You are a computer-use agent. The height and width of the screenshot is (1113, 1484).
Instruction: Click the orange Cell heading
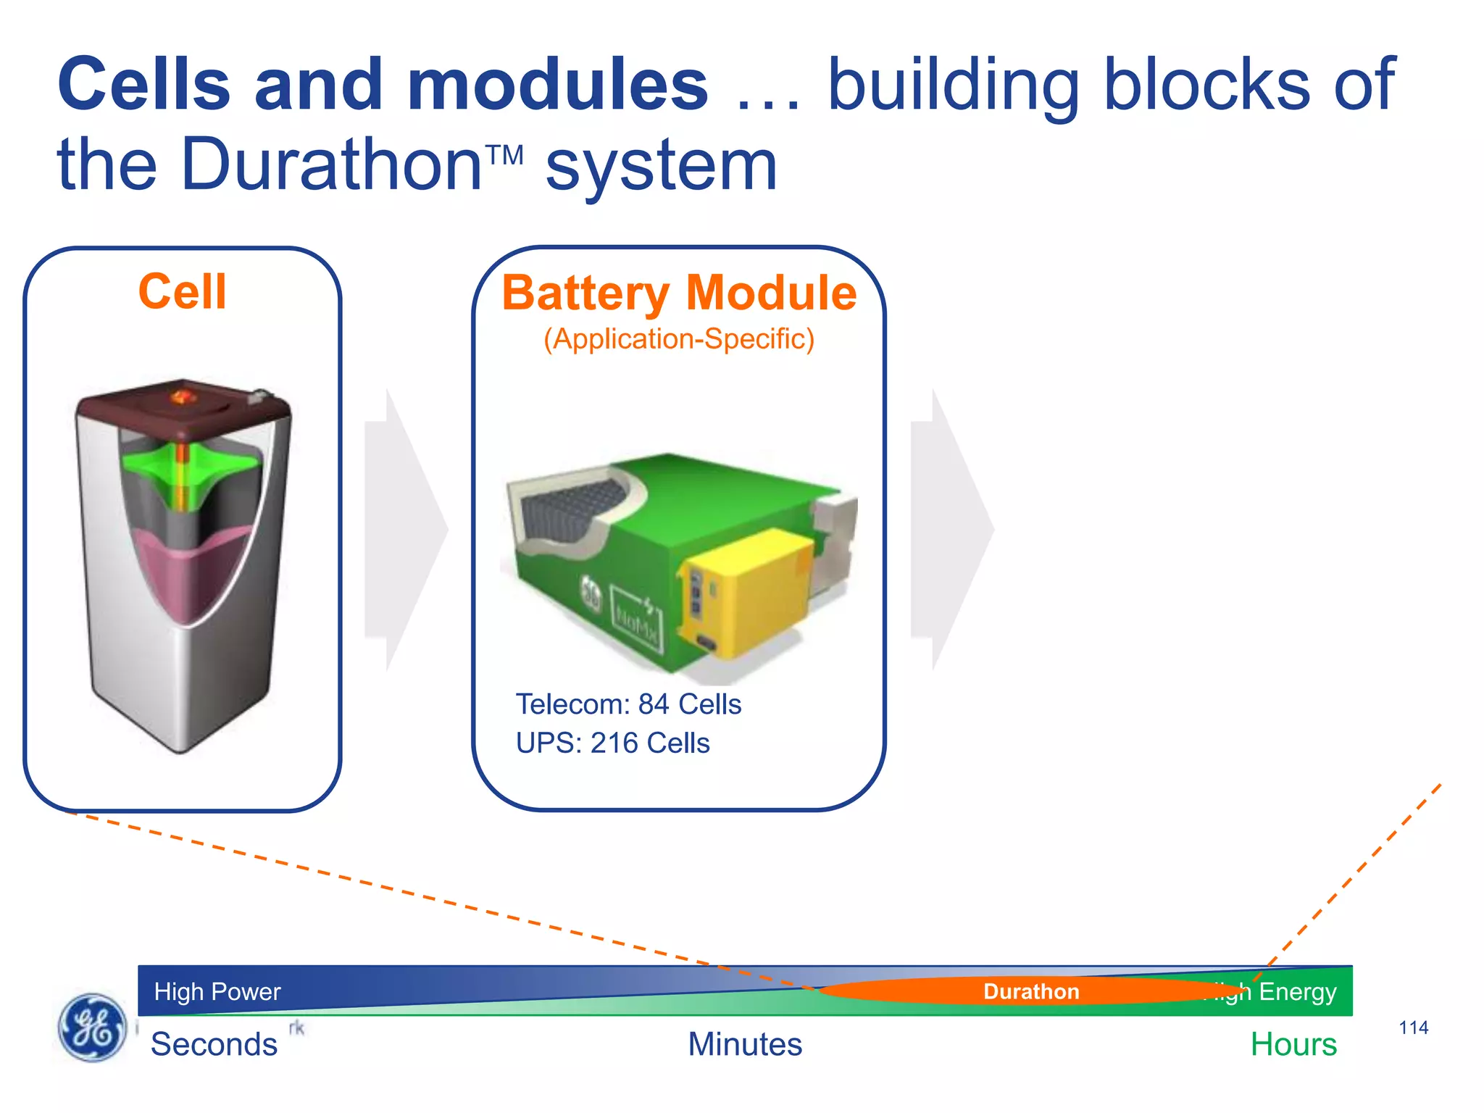pos(183,292)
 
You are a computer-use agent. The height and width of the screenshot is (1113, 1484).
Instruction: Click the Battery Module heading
pos(679,293)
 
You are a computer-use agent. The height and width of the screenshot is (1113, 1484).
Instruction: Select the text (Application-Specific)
pos(679,339)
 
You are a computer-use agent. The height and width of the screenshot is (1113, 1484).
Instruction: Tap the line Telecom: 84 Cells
pos(628,704)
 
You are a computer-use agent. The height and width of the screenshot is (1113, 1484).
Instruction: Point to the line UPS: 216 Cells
pos(612,743)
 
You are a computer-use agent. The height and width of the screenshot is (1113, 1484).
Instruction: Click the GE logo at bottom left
pos(91,1027)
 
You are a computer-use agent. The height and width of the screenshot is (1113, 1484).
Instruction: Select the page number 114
pos(1413,1027)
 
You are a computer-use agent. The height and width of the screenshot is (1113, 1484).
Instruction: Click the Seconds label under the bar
pos(214,1044)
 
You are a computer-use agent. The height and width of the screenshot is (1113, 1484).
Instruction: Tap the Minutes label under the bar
pos(745,1044)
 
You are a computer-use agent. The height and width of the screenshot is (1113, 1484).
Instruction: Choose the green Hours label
pos(1293,1044)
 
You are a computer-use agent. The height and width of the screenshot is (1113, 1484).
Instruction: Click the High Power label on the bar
pos(217,991)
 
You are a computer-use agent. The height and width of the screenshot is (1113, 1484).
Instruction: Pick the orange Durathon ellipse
pos(1031,991)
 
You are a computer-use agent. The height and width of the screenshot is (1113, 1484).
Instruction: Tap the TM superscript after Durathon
pos(504,154)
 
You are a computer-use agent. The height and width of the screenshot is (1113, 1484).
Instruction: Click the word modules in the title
pos(558,86)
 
